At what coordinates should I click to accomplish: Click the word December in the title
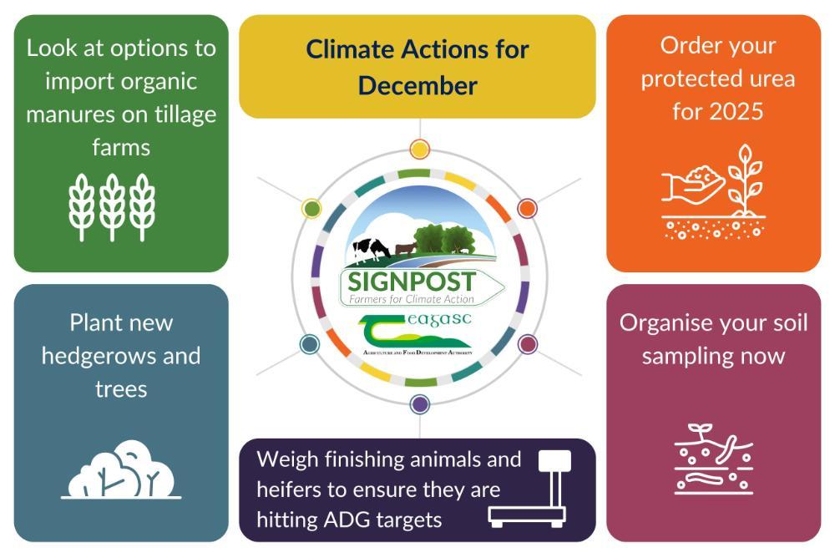(417, 86)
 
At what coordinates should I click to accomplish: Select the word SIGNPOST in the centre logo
(412, 282)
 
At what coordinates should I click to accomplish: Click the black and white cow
(371, 250)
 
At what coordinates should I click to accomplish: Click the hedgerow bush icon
(121, 469)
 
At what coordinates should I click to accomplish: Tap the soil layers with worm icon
(714, 459)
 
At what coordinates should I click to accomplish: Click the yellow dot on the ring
(420, 150)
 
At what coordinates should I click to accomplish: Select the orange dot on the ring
(527, 208)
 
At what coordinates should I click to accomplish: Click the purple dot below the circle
(420, 404)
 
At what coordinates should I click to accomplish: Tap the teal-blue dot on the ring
(310, 344)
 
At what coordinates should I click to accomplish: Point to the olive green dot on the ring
(311, 208)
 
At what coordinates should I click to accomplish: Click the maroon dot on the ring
(527, 344)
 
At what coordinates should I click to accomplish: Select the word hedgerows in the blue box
(101, 356)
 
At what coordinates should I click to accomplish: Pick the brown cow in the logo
(406, 249)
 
